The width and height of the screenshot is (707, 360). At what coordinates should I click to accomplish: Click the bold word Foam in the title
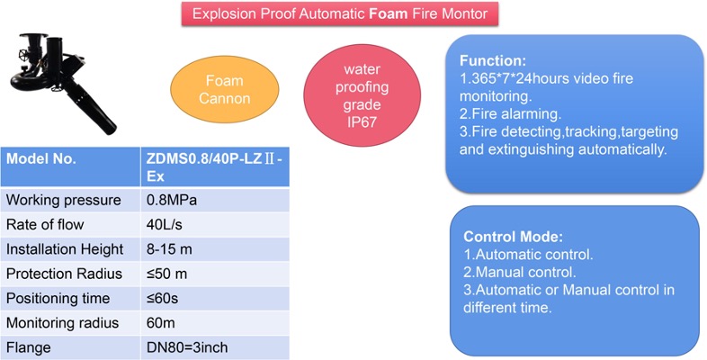[x=389, y=13]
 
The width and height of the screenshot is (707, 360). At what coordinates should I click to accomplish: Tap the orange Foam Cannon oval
[x=225, y=89]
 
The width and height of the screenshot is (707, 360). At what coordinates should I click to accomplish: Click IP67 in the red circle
[x=362, y=122]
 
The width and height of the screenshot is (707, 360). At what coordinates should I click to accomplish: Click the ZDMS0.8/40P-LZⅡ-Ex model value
[x=214, y=167]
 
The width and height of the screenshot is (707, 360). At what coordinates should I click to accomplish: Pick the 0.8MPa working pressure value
[x=171, y=200]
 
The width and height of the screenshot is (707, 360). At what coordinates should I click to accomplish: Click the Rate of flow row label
[x=45, y=224]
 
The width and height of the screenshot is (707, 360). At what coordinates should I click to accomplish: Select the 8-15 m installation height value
[x=169, y=249]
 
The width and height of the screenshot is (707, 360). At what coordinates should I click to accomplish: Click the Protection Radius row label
[x=64, y=274]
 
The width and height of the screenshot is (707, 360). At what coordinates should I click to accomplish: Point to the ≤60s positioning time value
[x=162, y=298]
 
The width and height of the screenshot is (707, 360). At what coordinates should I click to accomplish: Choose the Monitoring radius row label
[x=63, y=323]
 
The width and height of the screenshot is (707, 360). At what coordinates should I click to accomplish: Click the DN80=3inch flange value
[x=187, y=347]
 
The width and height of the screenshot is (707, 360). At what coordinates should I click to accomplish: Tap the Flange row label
[x=29, y=347]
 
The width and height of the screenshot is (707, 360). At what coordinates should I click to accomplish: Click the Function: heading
[x=493, y=61]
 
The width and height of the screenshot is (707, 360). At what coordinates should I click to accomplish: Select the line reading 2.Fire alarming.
[x=510, y=113]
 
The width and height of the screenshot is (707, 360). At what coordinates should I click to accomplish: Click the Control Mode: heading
[x=513, y=237]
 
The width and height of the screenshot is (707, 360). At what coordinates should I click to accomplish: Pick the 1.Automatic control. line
[x=528, y=255]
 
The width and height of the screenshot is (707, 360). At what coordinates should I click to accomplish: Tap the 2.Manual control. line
[x=520, y=272]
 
